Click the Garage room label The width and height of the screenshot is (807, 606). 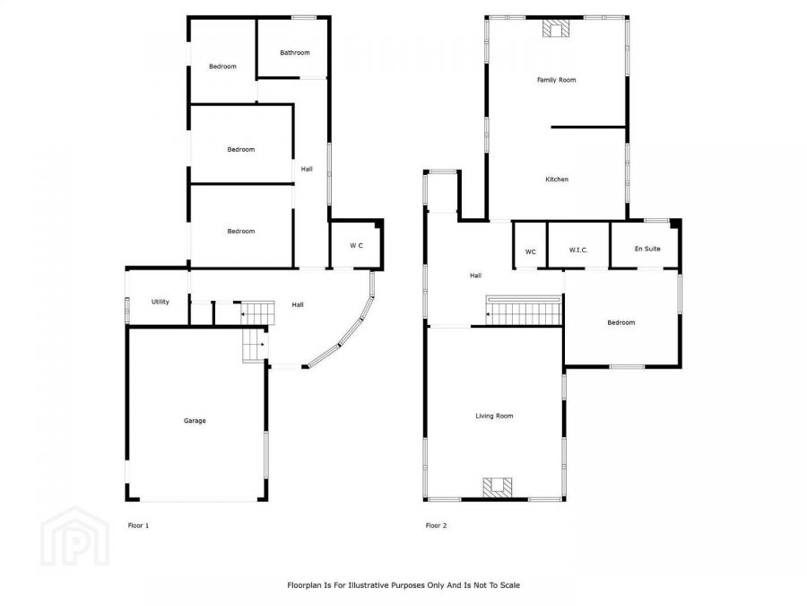tap(195, 420)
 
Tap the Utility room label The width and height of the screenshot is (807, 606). tap(160, 302)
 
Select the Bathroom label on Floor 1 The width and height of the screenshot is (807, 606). tap(294, 53)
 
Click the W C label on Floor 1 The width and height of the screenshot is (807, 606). tap(356, 246)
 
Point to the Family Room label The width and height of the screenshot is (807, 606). tap(556, 80)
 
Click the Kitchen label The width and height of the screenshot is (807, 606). tap(557, 180)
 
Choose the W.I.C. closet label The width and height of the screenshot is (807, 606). tap(577, 251)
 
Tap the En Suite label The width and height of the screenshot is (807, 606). tap(646, 249)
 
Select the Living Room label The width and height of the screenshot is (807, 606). tap(494, 416)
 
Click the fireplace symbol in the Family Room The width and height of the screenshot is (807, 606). tap(556, 29)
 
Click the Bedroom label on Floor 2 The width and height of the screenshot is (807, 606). tap(620, 322)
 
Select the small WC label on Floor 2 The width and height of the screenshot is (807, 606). tap(530, 251)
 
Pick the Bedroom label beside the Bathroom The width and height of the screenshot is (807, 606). tap(222, 66)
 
